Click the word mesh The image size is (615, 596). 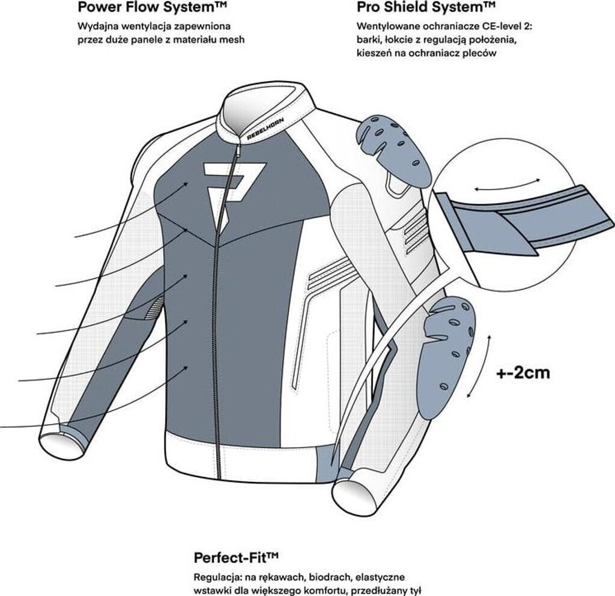click(234, 40)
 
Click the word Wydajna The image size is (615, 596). click(95, 27)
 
